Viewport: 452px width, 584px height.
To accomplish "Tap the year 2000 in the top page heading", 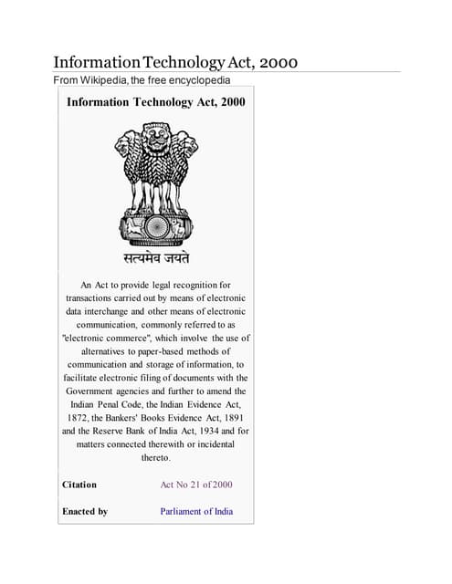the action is click(x=273, y=62).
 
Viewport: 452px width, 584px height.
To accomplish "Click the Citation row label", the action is click(x=79, y=485).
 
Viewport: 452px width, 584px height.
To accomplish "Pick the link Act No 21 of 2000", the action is click(x=198, y=485).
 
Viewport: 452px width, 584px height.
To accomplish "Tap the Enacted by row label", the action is click(x=85, y=511).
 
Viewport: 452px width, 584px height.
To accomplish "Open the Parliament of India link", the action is click(x=196, y=511).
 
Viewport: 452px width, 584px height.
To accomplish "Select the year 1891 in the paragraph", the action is click(x=227, y=416).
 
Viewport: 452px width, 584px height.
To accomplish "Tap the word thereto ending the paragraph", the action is click(x=155, y=457).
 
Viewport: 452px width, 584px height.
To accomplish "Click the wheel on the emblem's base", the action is click(x=154, y=224).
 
